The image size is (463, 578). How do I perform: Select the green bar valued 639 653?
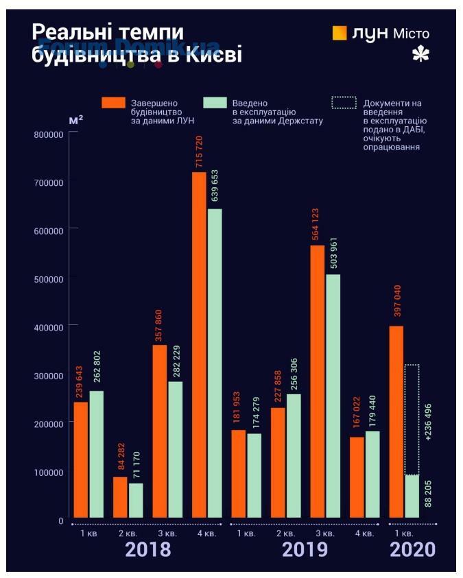point(215,363)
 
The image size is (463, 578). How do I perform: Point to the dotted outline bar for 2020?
point(412,419)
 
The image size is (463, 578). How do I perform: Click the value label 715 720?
point(199,152)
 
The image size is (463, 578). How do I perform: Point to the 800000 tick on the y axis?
point(49,134)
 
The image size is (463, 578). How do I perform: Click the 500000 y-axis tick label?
point(49,279)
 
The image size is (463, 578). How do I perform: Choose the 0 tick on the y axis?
point(60,520)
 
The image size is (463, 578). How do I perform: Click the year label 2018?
point(147,550)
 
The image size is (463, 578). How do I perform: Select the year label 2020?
point(412,550)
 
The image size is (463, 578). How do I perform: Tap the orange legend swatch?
point(114,102)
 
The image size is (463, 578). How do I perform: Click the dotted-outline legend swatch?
point(344,102)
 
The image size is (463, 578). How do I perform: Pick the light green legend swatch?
point(215,102)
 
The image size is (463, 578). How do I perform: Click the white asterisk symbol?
point(420,56)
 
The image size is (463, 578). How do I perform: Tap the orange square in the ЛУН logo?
point(340,32)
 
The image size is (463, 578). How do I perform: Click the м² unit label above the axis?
point(76,120)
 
